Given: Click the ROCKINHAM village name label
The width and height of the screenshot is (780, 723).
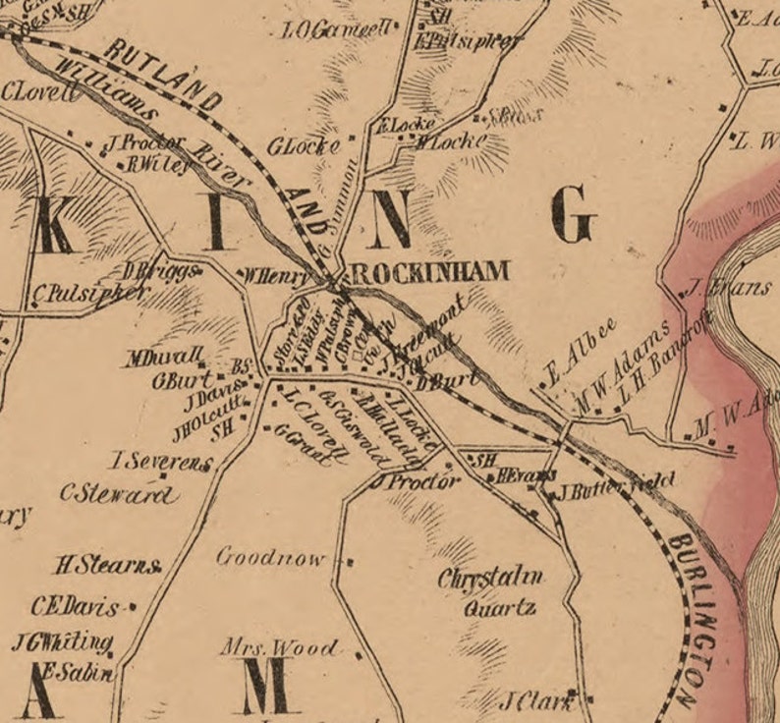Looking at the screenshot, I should click(429, 272).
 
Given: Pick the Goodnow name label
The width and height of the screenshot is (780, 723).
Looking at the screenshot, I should click(270, 558).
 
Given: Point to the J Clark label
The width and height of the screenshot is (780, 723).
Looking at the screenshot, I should click(536, 701).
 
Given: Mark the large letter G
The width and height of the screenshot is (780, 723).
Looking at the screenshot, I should click(573, 215).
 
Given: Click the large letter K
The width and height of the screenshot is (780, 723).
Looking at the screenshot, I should click(56, 225).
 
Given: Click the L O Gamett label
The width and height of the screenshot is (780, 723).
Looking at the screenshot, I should click(336, 30).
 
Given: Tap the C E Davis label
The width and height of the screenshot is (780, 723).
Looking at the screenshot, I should click(75, 606).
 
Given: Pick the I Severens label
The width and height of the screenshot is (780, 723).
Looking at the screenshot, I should click(160, 461).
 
